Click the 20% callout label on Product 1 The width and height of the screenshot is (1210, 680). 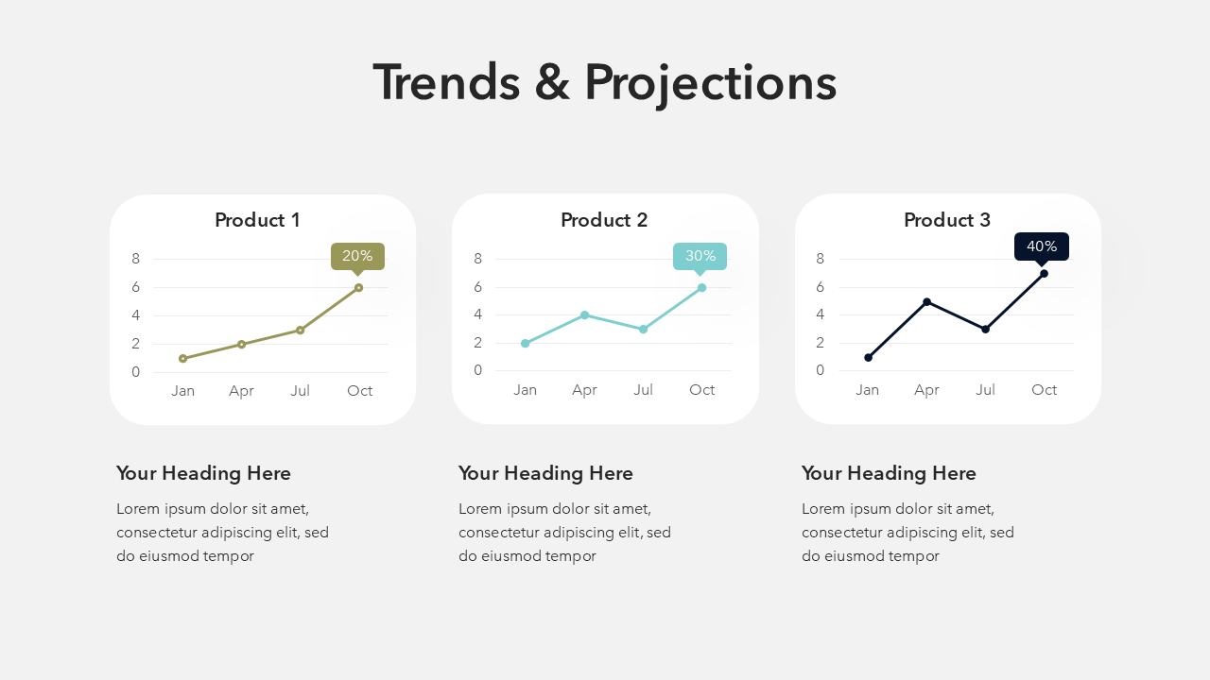(x=357, y=256)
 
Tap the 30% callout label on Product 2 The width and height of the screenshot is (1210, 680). (x=700, y=256)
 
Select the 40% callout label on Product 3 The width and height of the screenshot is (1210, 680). (x=1042, y=246)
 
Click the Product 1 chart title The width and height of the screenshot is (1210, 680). (x=257, y=220)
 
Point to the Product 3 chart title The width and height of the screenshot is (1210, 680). (x=947, y=220)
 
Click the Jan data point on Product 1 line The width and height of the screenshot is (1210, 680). (x=183, y=358)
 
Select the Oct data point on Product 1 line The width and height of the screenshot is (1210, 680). (x=358, y=288)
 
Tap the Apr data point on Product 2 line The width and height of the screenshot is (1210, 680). (x=584, y=315)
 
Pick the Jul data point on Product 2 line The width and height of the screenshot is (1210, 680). (x=643, y=330)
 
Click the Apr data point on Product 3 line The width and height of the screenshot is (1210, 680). (x=927, y=301)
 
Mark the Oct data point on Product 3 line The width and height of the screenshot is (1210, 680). (x=1045, y=274)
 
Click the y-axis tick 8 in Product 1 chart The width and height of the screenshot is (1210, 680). (x=135, y=259)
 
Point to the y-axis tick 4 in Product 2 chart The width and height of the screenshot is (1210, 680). (x=477, y=314)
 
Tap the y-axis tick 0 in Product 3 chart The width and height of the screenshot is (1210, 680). (x=820, y=370)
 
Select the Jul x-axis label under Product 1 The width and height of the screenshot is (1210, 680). (x=300, y=391)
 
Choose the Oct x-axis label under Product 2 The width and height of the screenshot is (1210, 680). (x=701, y=390)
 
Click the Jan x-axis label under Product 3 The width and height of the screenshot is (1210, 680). (x=867, y=390)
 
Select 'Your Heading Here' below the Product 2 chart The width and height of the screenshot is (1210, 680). (x=545, y=473)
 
